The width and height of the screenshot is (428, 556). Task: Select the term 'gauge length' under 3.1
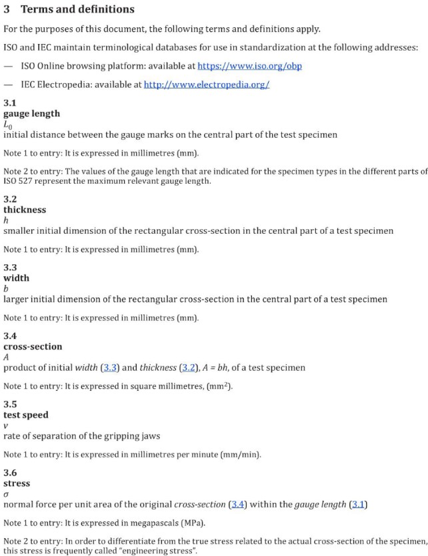tap(31, 113)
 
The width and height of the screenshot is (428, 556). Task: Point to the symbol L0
tap(8, 124)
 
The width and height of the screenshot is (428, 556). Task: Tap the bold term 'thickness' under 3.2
tap(25, 209)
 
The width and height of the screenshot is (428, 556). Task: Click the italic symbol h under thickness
tap(6, 220)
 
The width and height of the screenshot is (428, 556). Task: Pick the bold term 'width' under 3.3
tap(17, 278)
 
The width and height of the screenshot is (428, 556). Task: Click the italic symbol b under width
tap(6, 288)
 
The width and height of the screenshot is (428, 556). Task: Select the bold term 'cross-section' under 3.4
tap(33, 346)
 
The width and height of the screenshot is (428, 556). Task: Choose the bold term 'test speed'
tap(26, 415)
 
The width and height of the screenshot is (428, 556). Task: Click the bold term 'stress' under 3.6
tap(17, 483)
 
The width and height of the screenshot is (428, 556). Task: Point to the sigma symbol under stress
tap(6, 494)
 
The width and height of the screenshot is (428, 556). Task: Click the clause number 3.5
tap(10, 404)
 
